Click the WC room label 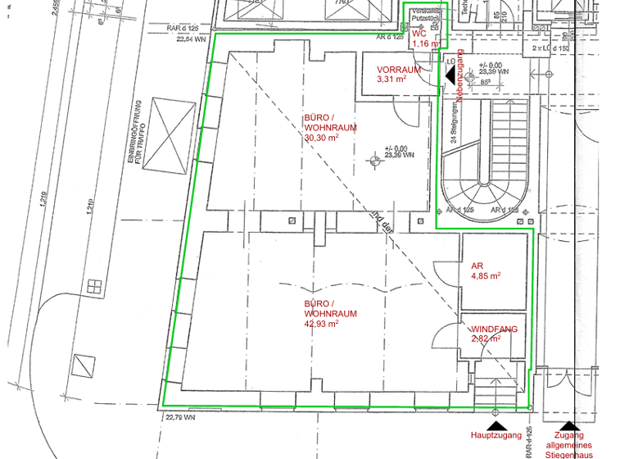[419, 34]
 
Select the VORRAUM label [399, 70]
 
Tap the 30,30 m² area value [321, 139]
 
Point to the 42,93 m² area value [321, 324]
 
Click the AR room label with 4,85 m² [477, 266]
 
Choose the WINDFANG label [495, 329]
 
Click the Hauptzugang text [495, 435]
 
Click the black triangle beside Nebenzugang [450, 75]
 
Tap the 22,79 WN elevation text [180, 417]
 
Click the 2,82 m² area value [486, 339]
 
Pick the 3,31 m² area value [391, 80]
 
